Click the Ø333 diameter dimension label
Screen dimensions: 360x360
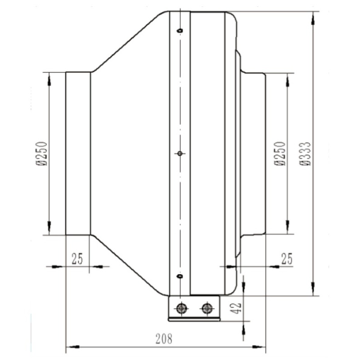click(x=305, y=153)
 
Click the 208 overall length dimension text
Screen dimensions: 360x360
click(x=164, y=339)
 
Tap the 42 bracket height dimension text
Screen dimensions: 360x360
click(x=237, y=308)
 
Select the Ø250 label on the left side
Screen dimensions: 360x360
click(x=42, y=153)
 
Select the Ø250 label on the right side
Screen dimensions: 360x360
click(x=280, y=153)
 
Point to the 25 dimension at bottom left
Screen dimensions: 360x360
click(x=77, y=259)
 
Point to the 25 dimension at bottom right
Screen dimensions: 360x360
click(x=287, y=259)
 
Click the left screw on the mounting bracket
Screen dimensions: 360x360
click(x=182, y=308)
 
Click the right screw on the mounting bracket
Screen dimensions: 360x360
click(x=208, y=308)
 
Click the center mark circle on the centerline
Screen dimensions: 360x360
click(x=180, y=153)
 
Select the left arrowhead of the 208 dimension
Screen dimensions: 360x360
click(x=73, y=347)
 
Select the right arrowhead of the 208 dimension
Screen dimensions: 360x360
click(x=259, y=347)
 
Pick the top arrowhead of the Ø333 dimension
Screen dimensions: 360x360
click(x=313, y=18)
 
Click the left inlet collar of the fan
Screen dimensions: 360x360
click(x=78, y=153)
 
